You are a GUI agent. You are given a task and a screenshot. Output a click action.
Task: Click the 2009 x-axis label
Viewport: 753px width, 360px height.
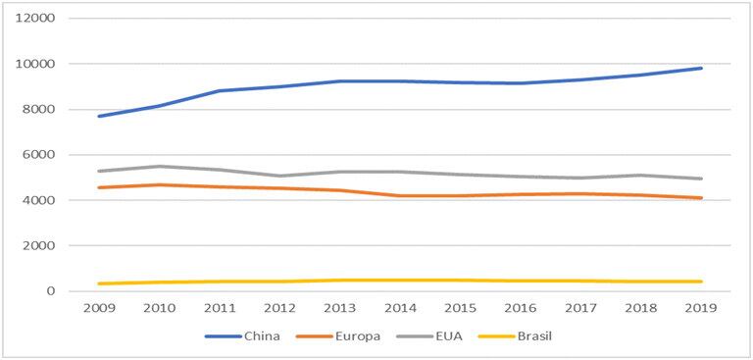(98, 308)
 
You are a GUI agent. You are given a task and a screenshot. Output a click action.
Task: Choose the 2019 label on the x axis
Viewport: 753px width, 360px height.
(701, 308)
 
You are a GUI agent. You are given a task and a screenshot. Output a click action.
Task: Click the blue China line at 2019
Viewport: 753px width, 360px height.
(701, 68)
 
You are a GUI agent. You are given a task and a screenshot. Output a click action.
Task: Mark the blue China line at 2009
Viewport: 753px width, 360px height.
(98, 116)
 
